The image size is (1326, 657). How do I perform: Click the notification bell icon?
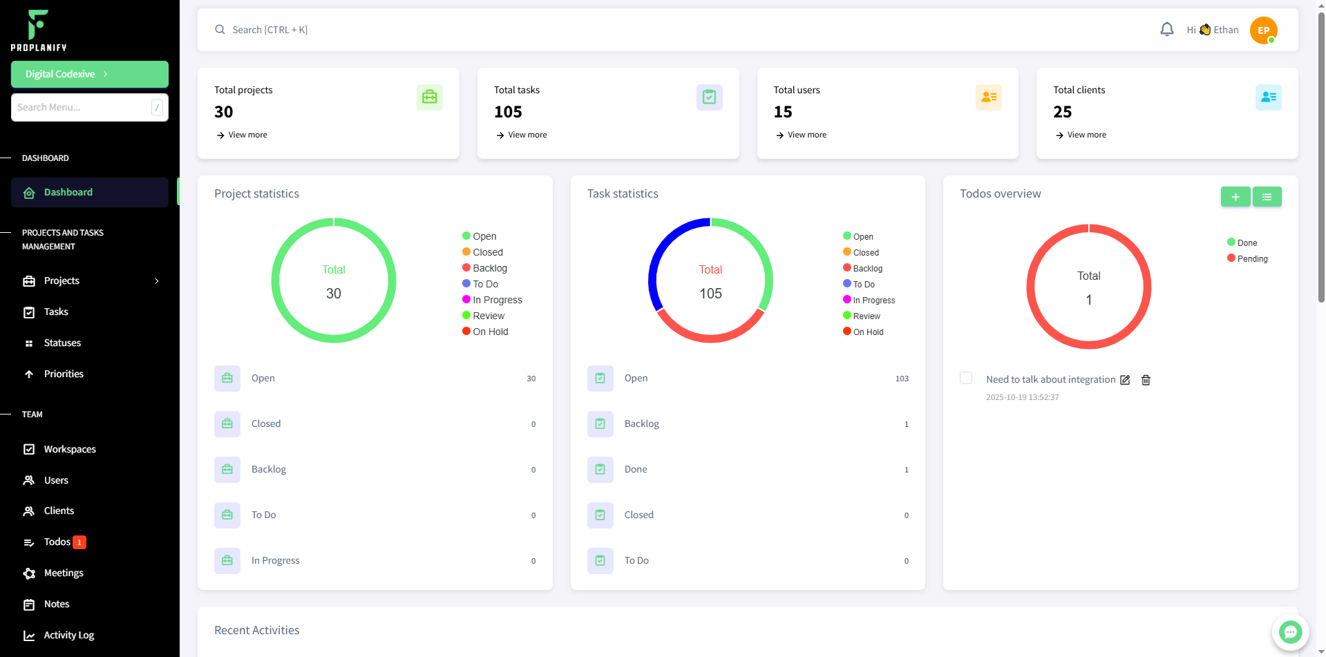pos(1166,30)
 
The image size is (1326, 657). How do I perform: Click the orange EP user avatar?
pos(1263,30)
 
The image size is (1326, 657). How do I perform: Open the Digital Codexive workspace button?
pos(90,74)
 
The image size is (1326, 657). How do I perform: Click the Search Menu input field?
pos(82,107)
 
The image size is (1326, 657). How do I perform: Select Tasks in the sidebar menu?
pos(56,312)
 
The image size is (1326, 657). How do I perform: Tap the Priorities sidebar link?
pos(64,374)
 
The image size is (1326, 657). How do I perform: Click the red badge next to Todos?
pos(79,542)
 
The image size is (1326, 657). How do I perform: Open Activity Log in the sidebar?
pos(68,635)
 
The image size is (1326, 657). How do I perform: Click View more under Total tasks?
pos(527,135)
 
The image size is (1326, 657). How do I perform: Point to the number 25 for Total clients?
pos(1062,112)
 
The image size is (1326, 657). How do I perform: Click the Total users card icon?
pos(988,97)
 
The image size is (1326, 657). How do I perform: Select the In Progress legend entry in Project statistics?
pos(496,300)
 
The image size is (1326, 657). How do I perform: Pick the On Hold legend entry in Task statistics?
pos(867,332)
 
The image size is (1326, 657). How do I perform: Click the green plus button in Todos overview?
pos(1235,197)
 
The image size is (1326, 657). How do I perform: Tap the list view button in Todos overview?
pos(1267,197)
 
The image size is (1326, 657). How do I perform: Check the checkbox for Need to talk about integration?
pos(966,378)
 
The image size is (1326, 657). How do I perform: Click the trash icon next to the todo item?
pos(1146,380)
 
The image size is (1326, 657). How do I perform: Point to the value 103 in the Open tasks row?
pos(902,379)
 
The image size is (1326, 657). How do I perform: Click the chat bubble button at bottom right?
pos(1290,631)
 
